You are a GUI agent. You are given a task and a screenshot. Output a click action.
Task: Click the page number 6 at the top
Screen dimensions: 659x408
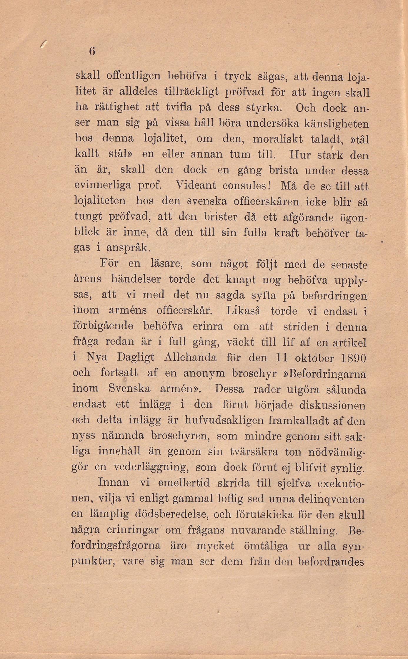[x=92, y=52]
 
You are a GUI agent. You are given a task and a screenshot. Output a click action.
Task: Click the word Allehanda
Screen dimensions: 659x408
[x=190, y=358]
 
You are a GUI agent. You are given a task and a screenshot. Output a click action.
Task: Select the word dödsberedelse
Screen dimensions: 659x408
[x=171, y=514]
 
